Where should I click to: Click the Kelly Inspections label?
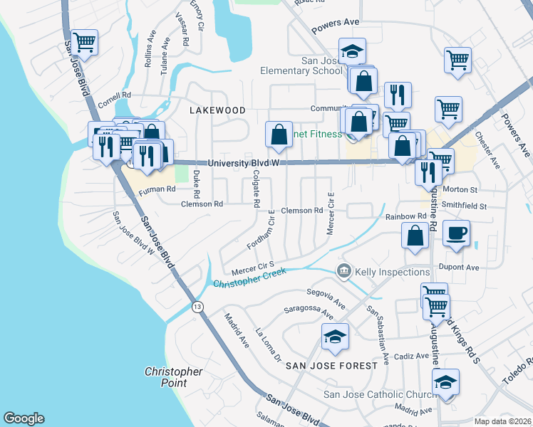392,272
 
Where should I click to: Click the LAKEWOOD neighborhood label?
217,110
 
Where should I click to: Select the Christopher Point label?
173,377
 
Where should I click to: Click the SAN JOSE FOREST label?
331,365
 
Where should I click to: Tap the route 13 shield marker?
197,306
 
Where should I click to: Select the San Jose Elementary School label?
301,65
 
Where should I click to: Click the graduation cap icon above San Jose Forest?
334,337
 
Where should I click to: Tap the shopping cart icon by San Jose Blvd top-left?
84,42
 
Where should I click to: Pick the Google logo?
24,418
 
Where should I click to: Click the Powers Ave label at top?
336,23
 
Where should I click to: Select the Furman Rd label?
157,190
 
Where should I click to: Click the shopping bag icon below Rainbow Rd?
415,236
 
